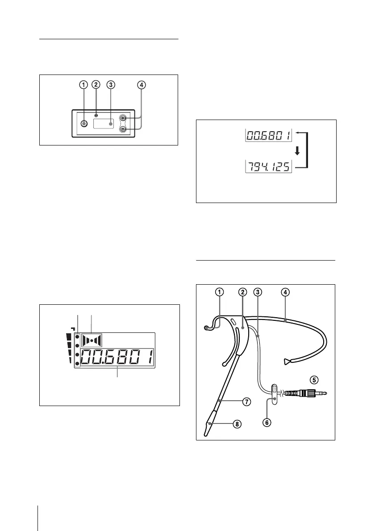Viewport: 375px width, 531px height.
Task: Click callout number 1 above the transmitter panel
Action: [83, 84]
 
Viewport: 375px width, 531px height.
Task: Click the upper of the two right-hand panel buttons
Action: [124, 119]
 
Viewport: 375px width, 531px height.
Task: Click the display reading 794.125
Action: [269, 167]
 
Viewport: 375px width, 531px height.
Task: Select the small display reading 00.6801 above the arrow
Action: [269, 134]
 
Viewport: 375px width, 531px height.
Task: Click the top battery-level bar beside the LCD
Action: [69, 336]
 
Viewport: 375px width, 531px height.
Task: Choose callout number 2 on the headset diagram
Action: [242, 292]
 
